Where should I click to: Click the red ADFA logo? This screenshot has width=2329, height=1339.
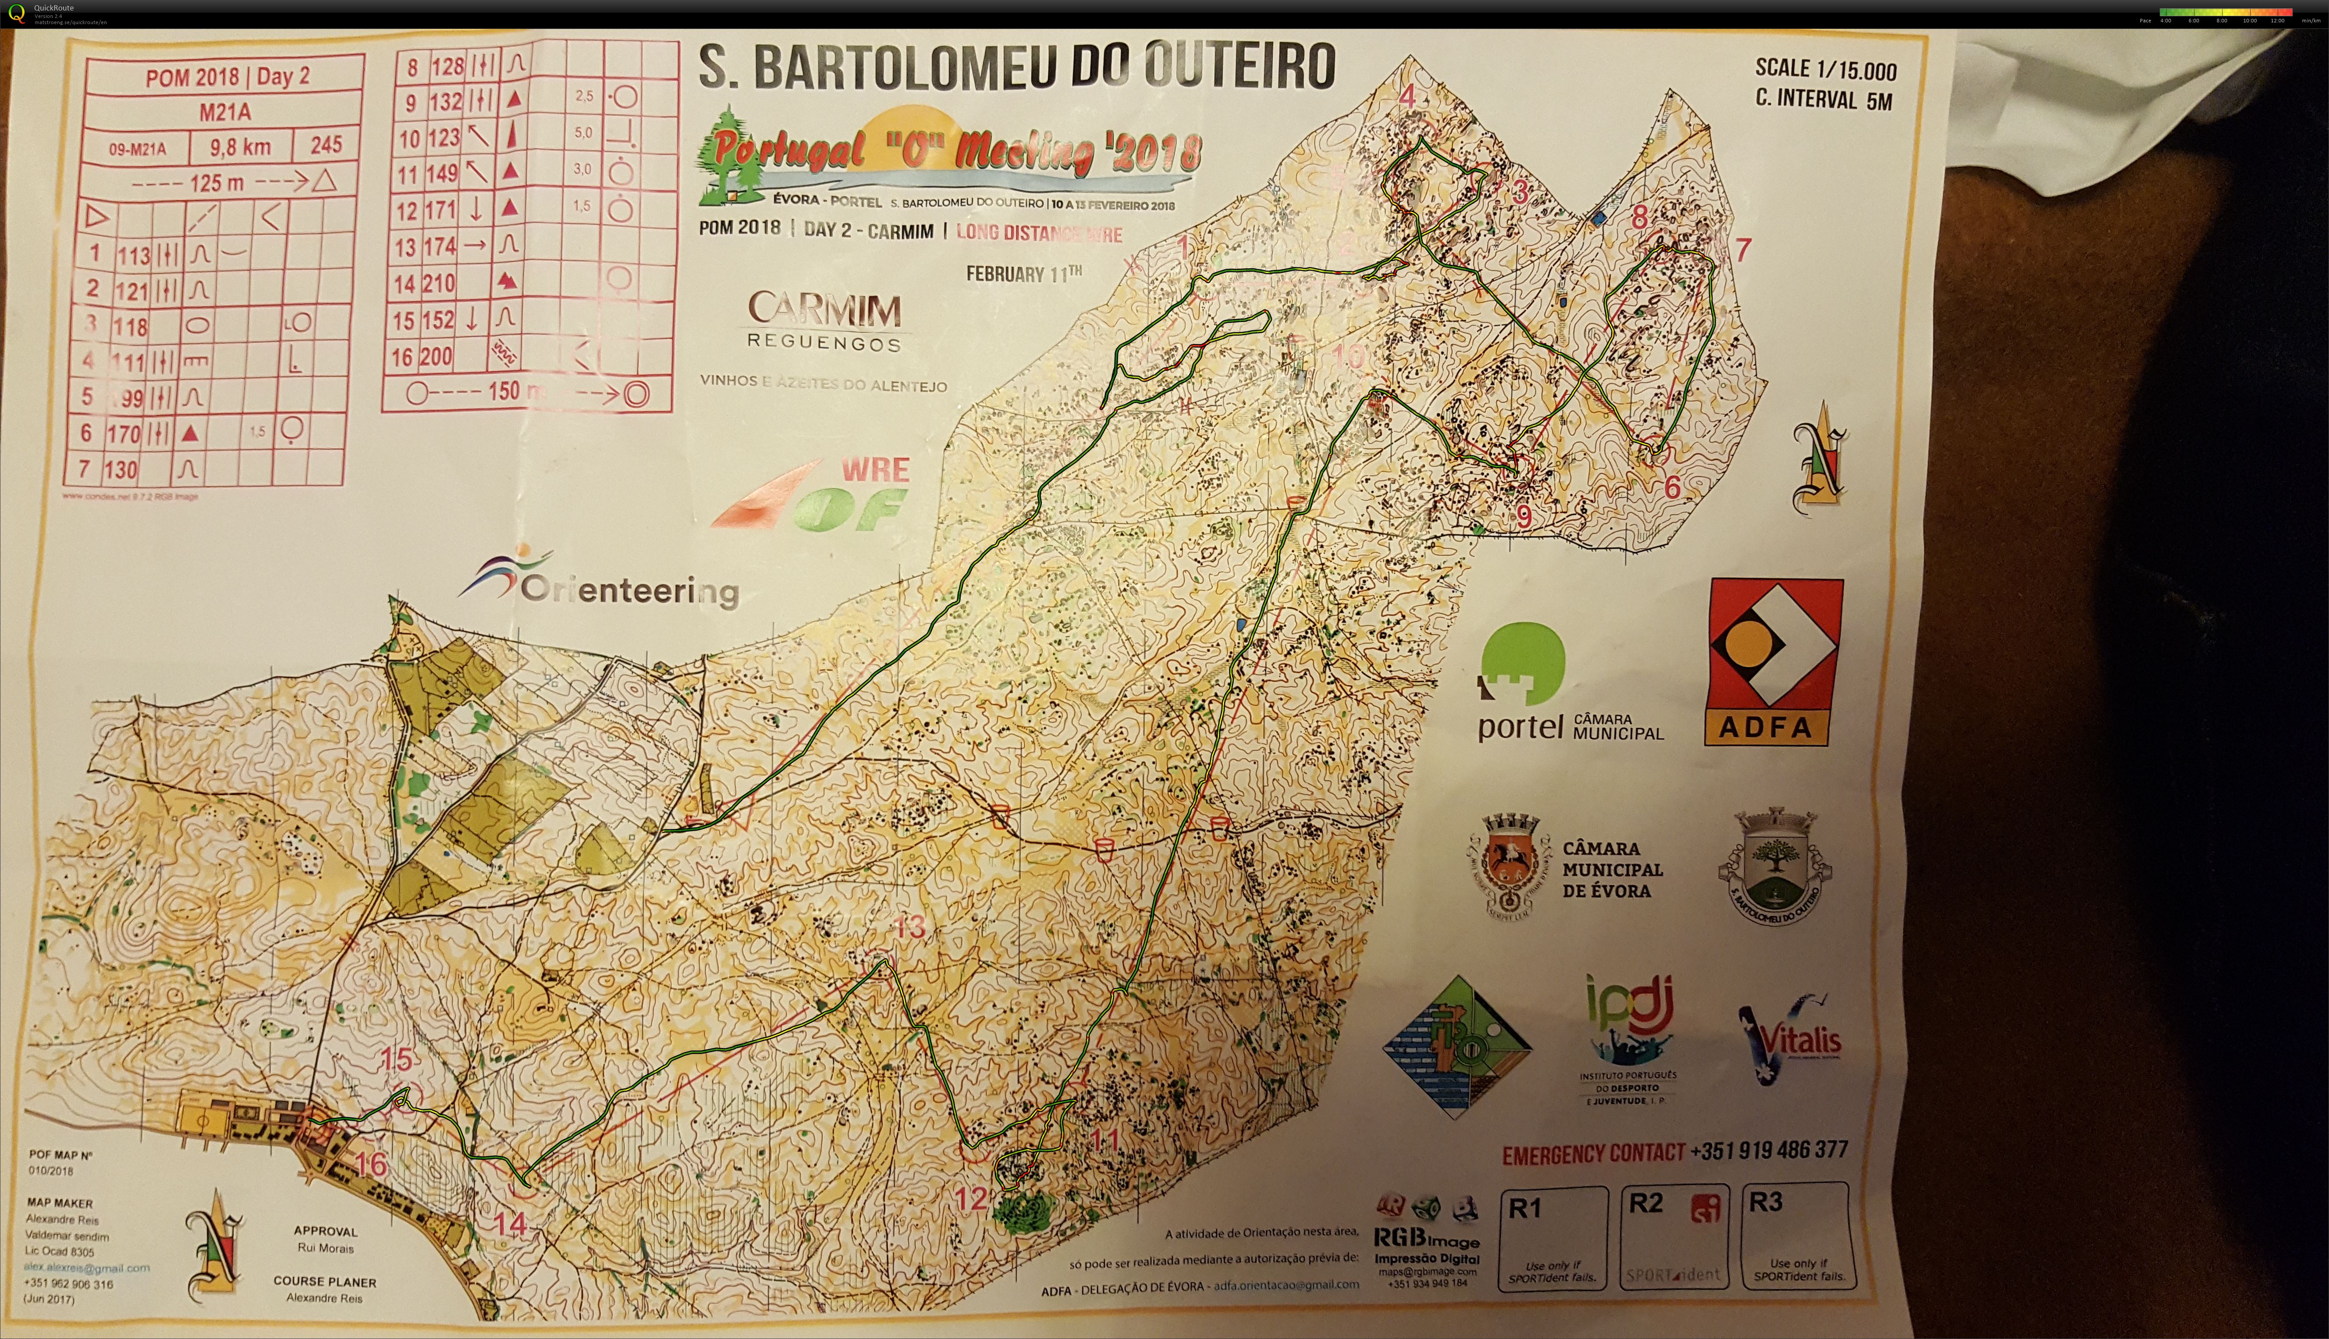(x=1774, y=661)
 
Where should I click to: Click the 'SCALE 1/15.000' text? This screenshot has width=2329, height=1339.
(x=1825, y=69)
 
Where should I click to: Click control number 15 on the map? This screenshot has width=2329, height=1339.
(x=396, y=1059)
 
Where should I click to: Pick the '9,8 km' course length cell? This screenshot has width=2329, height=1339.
(x=240, y=146)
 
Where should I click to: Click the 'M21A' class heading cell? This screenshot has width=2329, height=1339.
(x=224, y=112)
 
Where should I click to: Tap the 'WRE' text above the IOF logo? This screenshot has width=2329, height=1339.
(x=875, y=470)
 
